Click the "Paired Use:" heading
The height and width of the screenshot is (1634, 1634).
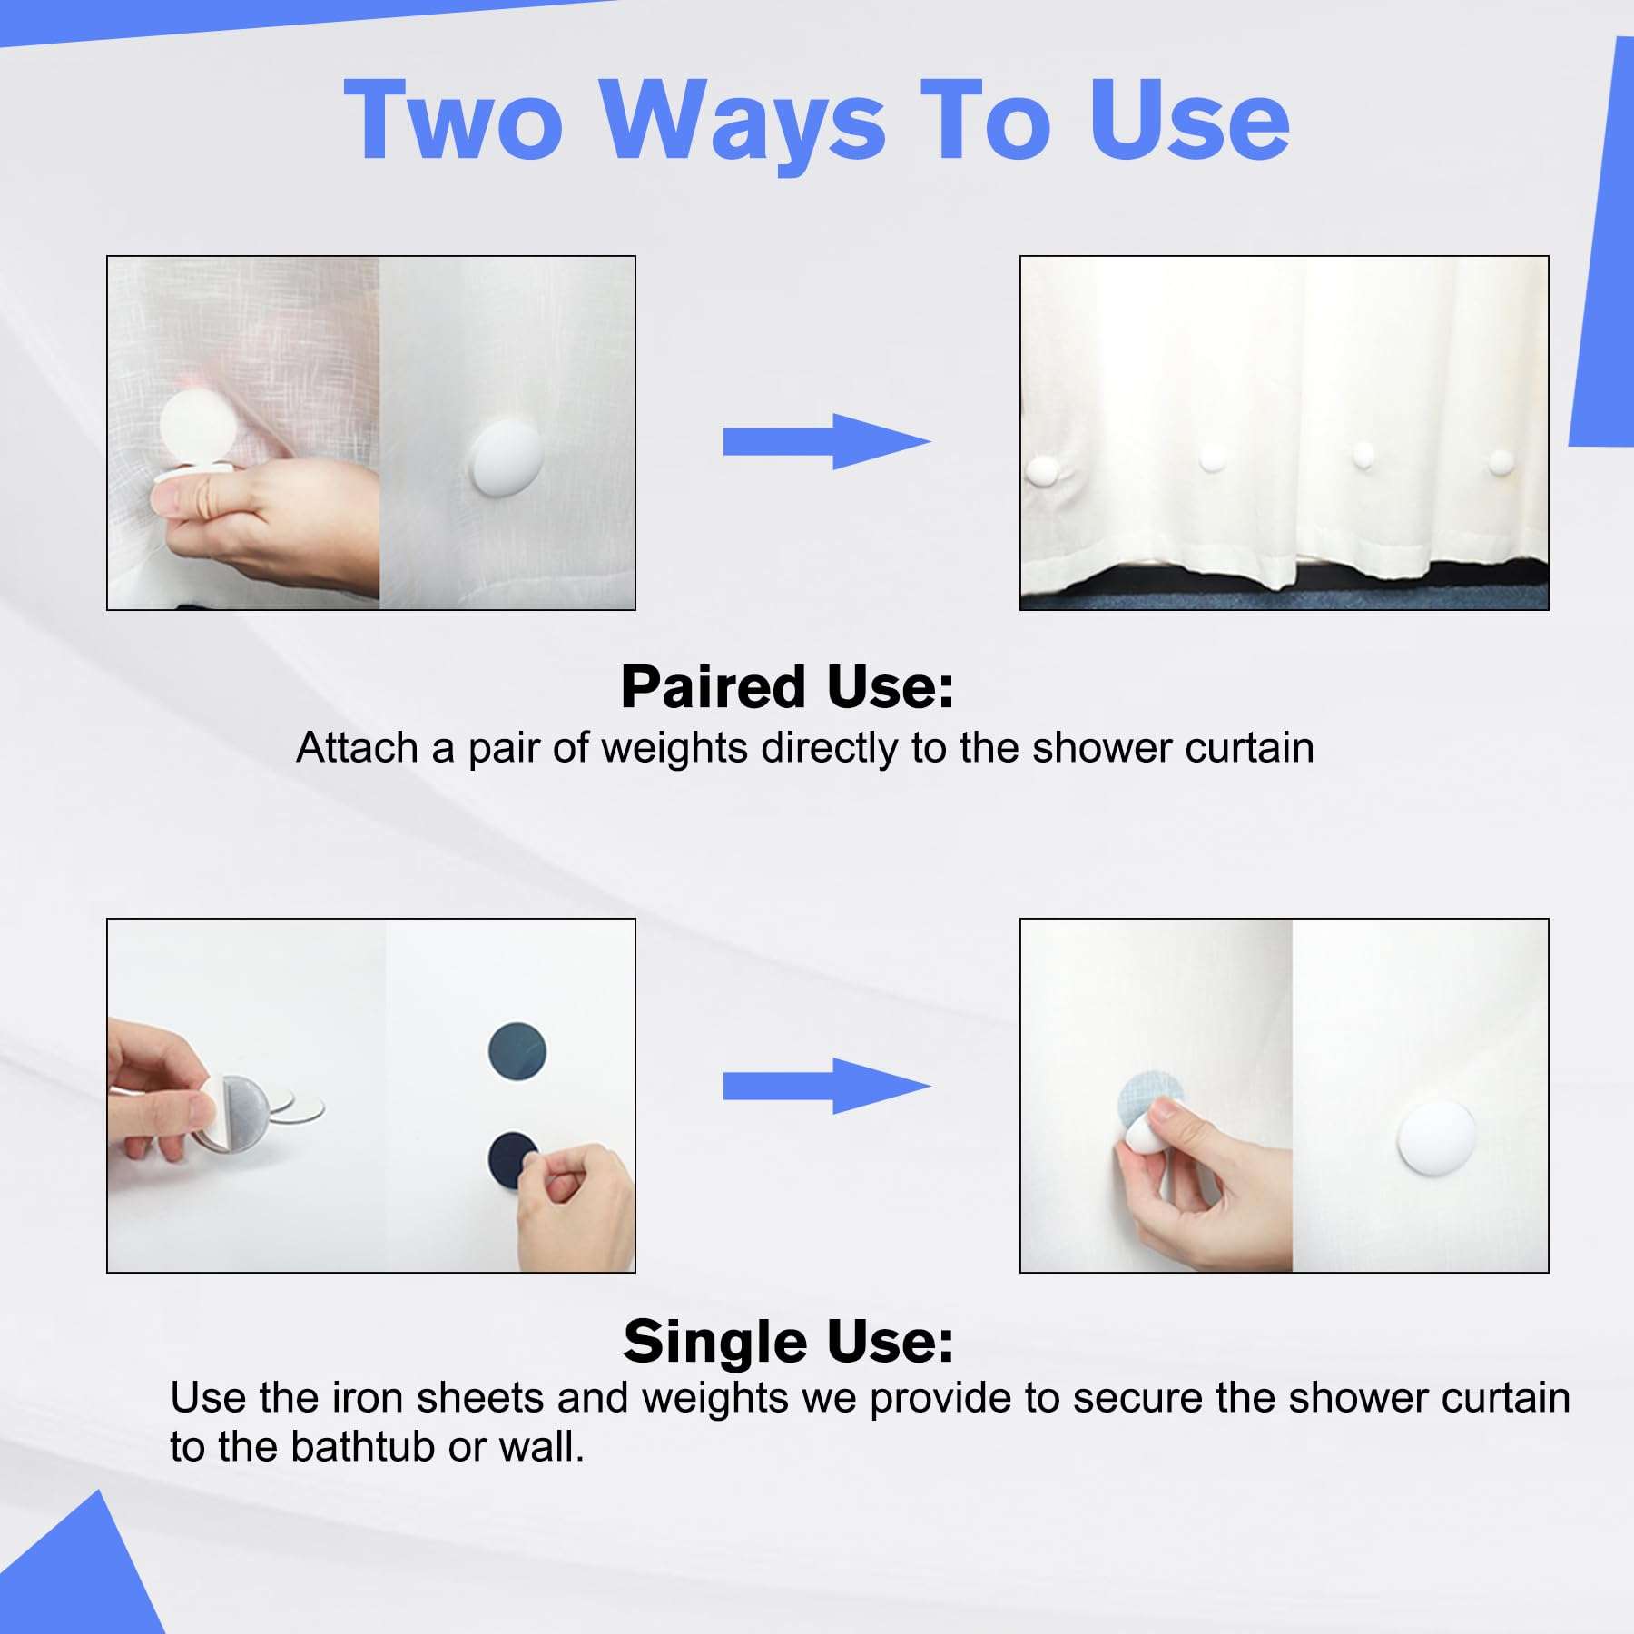(787, 687)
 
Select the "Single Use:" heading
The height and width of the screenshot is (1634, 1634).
(788, 1341)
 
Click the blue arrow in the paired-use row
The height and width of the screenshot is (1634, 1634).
(827, 441)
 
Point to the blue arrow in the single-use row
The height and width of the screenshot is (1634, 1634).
(827, 1086)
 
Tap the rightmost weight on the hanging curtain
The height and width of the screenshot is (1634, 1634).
(1500, 463)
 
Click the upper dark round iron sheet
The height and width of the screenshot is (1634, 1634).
(517, 1051)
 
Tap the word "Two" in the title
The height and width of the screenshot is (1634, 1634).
(453, 121)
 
